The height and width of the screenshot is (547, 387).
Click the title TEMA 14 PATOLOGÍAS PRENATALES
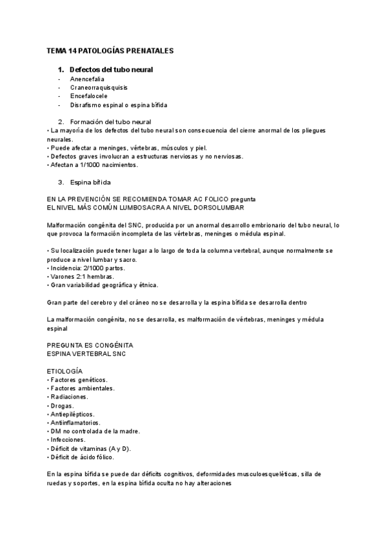[x=110, y=50]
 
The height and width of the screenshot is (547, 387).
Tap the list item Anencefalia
[x=88, y=78]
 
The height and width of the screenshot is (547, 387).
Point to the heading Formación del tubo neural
[x=110, y=121]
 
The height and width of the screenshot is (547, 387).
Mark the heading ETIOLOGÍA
[x=64, y=372]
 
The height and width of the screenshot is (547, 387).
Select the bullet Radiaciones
[x=70, y=397]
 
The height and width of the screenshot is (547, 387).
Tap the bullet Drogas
[x=63, y=406]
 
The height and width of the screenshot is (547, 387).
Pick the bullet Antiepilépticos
[x=72, y=414]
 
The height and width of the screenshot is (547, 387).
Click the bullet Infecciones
[x=70, y=440]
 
